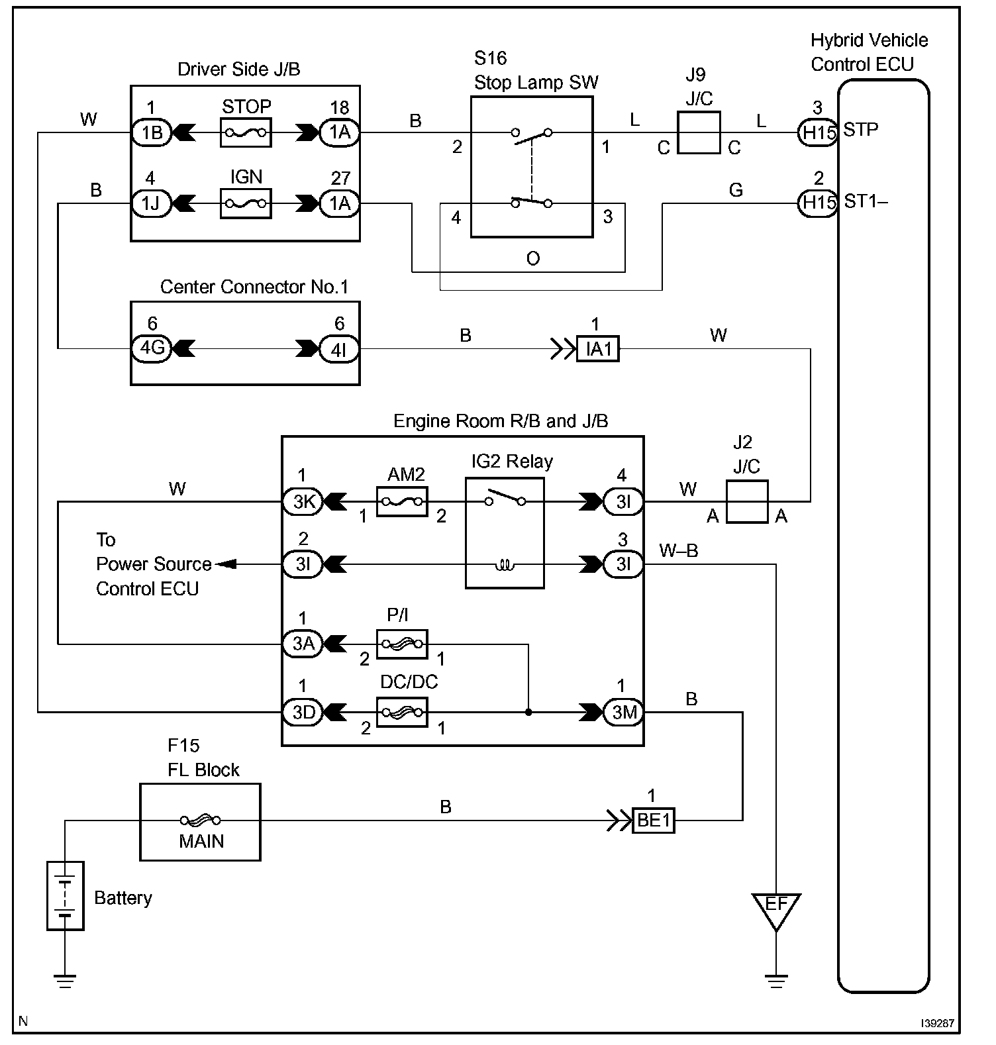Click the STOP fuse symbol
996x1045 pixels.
pos(246,132)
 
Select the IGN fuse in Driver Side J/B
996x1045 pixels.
pos(246,203)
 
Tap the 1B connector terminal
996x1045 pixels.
pos(152,132)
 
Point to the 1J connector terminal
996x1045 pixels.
pos(152,203)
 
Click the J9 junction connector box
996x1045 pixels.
pos(699,132)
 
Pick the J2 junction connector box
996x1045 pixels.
pos(747,501)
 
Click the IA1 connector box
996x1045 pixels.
pos(598,348)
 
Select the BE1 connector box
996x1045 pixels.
pos(654,821)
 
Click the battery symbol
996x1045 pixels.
pos(65,895)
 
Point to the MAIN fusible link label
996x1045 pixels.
pos(201,841)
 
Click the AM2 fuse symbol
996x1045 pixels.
pos(402,501)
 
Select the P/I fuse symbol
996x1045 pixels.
pos(402,643)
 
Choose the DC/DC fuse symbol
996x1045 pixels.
pos(402,713)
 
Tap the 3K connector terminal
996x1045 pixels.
pos(303,501)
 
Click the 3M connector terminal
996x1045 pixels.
pos(624,713)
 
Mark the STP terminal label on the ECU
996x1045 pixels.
pos(861,130)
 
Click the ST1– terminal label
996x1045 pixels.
pos(866,201)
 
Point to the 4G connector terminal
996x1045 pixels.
pos(152,348)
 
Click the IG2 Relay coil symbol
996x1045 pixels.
pos(505,566)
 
